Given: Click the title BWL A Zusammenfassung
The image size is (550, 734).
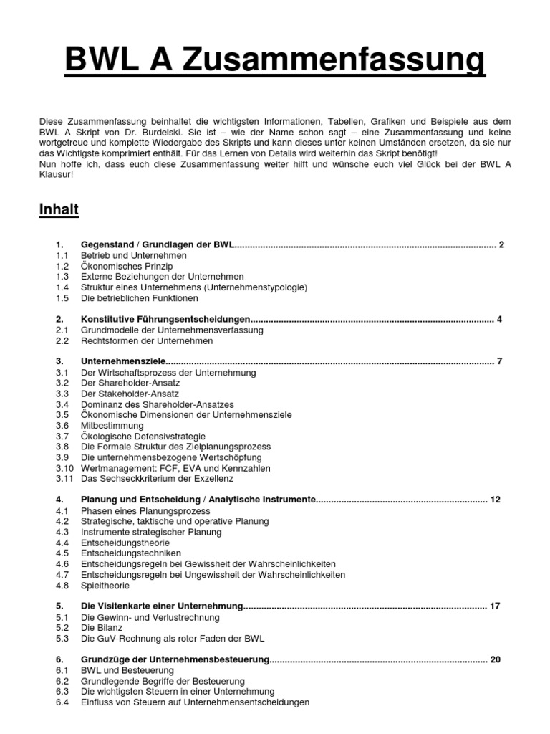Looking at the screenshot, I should click(275, 62).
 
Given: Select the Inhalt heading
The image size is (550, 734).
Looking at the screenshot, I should click(58, 210).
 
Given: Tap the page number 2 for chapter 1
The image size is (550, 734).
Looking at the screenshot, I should click(502, 244).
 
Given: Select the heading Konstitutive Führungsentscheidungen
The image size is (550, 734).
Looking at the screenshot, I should click(165, 319).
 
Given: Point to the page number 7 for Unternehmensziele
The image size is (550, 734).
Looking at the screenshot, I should click(499, 361).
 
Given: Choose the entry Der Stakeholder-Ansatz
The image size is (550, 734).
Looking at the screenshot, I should click(130, 394).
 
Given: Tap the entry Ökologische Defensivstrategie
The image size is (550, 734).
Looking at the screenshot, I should click(143, 436).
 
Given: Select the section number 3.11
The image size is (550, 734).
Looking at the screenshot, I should click(64, 478).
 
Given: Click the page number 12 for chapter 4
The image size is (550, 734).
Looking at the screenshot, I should click(496, 499).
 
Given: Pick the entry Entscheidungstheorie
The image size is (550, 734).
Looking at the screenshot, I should click(125, 543).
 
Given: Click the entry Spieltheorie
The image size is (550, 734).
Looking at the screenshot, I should click(105, 585).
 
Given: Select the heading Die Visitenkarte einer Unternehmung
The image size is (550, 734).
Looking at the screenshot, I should click(163, 606).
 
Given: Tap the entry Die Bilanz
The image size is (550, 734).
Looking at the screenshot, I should click(102, 627).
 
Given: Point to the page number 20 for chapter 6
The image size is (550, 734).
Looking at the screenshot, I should click(495, 659).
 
